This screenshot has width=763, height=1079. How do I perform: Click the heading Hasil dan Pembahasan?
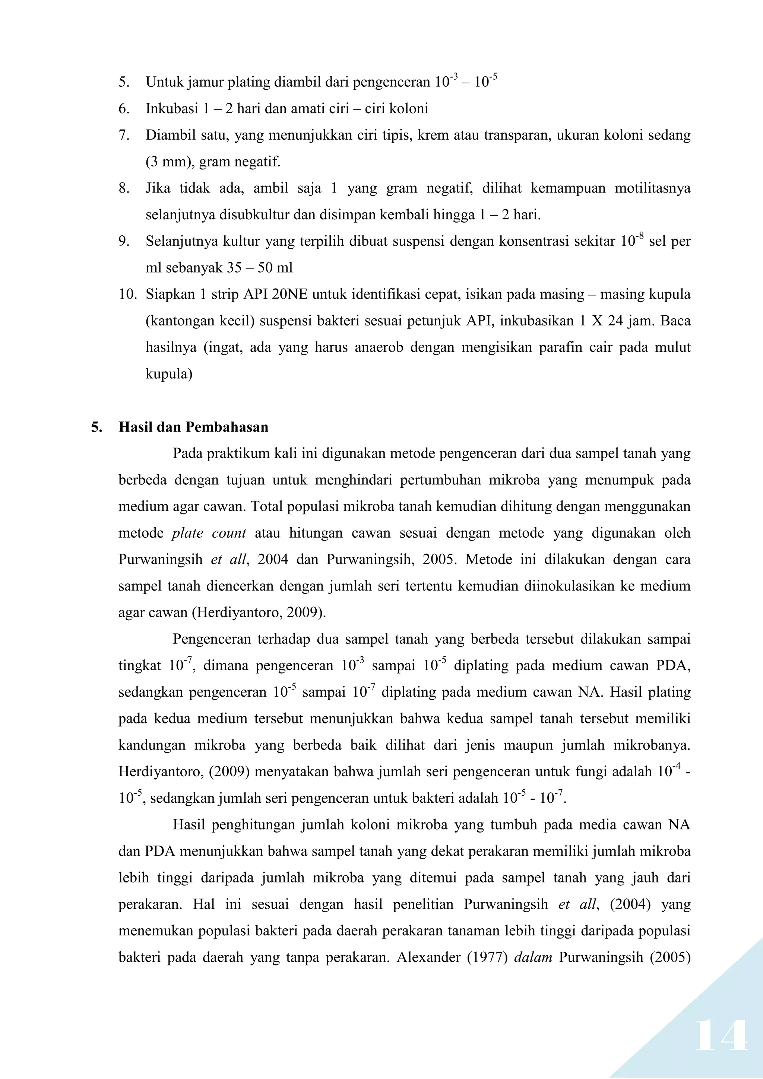pyautogui.click(x=193, y=427)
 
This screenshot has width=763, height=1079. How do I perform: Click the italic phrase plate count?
pyautogui.click(x=209, y=533)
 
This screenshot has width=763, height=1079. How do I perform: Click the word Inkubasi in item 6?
pyautogui.click(x=172, y=109)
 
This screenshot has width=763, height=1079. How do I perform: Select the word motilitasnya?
pyautogui.click(x=652, y=188)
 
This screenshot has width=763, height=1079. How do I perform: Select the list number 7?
pyautogui.click(x=124, y=136)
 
